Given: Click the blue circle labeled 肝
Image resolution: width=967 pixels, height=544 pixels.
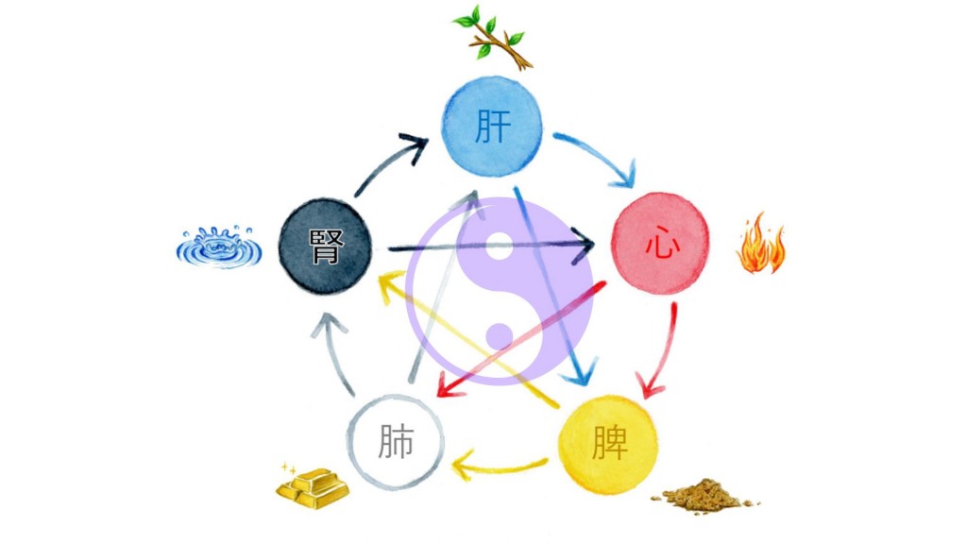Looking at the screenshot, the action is [492, 127].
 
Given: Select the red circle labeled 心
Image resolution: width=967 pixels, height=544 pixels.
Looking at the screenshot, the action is [660, 243].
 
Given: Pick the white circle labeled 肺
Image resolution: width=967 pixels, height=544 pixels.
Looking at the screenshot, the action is [396, 442].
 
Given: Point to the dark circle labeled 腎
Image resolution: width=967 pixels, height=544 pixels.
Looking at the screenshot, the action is [325, 246].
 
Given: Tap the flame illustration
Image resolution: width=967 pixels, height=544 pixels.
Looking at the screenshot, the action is [760, 245].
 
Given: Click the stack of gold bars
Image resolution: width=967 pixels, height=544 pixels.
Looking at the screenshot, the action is [312, 487].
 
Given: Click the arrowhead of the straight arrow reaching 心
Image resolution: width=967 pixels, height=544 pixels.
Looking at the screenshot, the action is [582, 246].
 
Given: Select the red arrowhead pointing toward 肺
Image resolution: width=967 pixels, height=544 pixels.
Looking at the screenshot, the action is [449, 385].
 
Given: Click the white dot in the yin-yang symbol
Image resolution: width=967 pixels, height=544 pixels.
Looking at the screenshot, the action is [500, 245].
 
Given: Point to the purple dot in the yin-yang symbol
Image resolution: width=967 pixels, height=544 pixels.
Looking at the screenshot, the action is [500, 337].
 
